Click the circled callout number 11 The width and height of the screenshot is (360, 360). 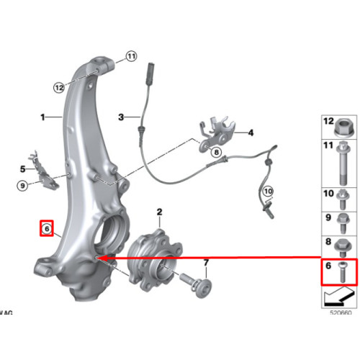click(131, 56)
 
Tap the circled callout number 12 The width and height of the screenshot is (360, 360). click(59, 87)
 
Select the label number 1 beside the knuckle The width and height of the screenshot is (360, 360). click(42, 117)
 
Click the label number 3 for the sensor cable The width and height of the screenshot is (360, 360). click(251, 132)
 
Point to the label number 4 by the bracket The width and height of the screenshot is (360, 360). click(22, 169)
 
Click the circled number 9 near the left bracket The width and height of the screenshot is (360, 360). click(22, 186)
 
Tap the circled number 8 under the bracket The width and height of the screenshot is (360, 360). click(216, 152)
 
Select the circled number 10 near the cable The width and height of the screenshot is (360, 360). click(268, 192)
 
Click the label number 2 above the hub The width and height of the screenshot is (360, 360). click(160, 212)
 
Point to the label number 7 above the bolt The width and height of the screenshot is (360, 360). click(206, 263)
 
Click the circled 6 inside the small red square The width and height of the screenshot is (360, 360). click(47, 229)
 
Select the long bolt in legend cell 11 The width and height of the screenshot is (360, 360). click(343, 163)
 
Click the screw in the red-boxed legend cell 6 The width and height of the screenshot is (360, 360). click(342, 272)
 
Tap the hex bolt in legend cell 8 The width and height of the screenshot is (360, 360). click(343, 248)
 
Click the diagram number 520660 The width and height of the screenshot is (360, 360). click(341, 312)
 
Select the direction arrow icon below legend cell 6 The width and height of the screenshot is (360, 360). click(338, 298)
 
